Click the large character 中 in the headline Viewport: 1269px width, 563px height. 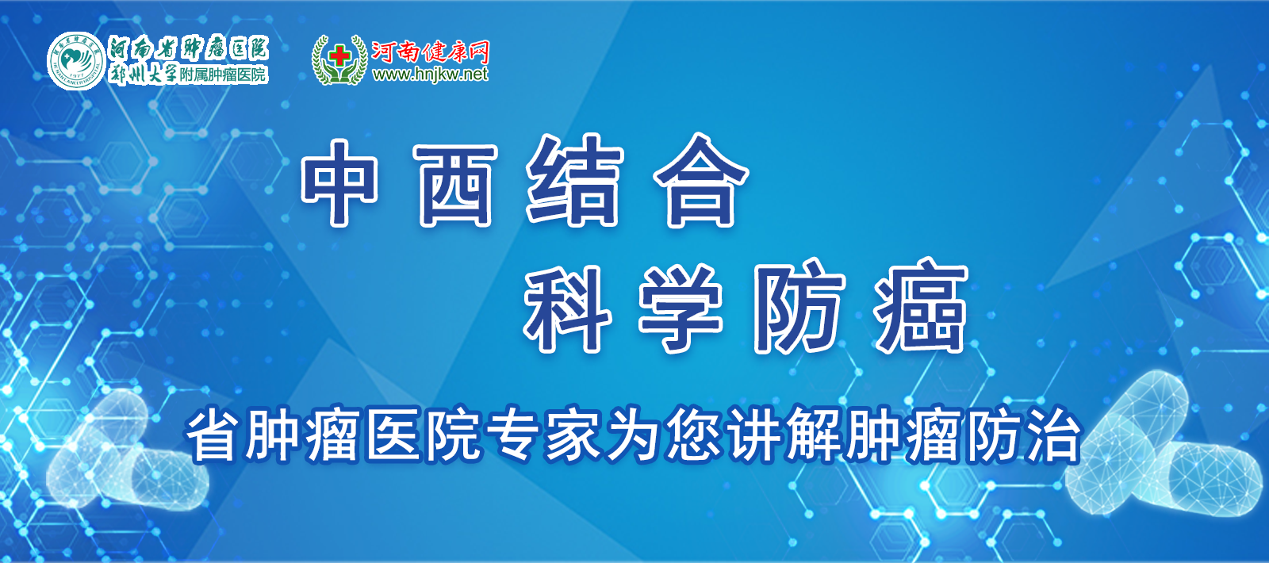click(340, 182)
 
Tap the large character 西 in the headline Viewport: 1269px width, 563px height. click(455, 185)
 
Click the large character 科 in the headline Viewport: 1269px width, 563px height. click(567, 308)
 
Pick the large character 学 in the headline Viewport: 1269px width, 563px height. click(681, 308)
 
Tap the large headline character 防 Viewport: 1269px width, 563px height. click(799, 306)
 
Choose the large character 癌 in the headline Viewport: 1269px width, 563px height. click(921, 306)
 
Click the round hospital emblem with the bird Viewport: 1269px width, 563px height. click(76, 60)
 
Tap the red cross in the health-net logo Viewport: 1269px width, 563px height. click(340, 56)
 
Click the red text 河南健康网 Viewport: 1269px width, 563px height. click(430, 52)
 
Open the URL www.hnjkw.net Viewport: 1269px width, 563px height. click(430, 75)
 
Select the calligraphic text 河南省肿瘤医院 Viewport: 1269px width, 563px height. click(189, 49)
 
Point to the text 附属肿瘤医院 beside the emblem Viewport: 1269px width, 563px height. click(223, 75)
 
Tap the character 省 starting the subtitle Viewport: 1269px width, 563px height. click(211, 435)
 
